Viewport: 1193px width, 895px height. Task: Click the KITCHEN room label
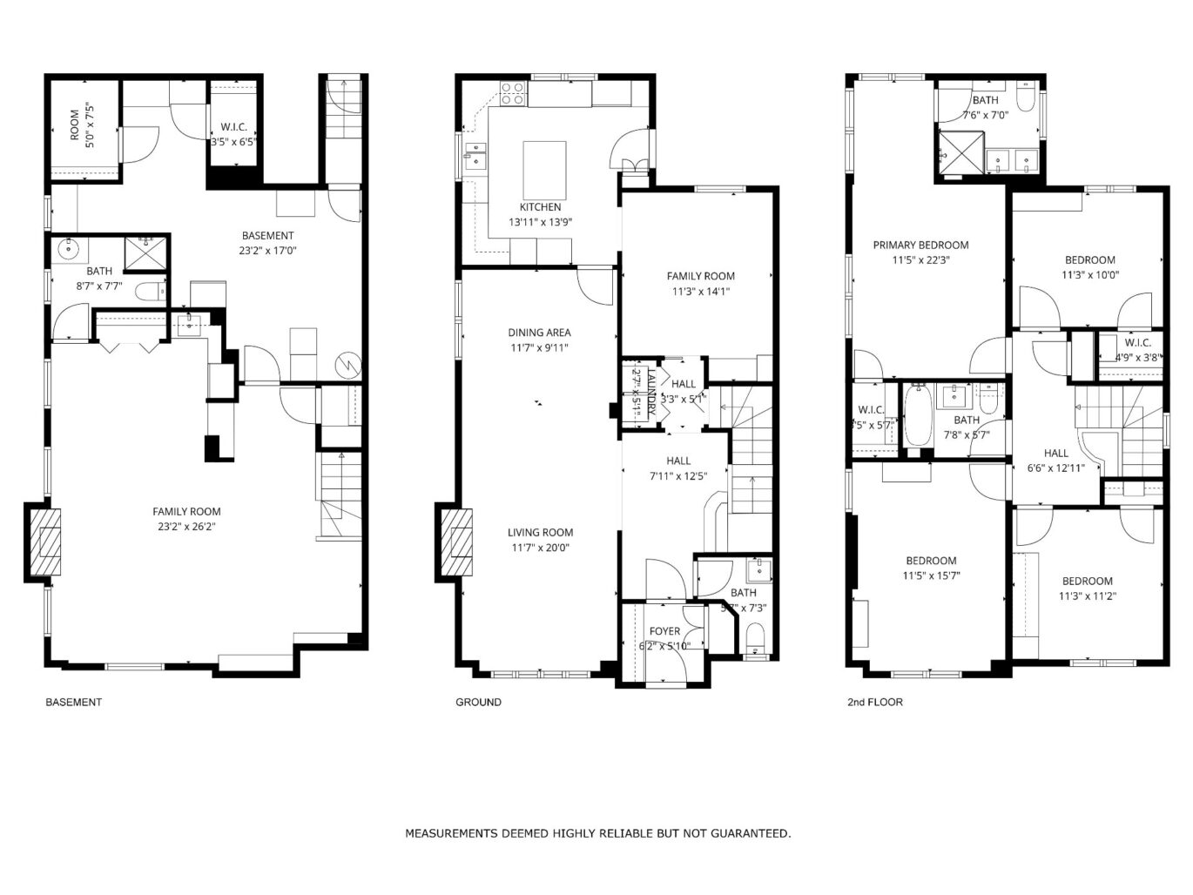[540, 207]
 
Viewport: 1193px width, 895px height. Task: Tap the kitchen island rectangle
[544, 170]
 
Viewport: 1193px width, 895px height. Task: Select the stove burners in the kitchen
[513, 93]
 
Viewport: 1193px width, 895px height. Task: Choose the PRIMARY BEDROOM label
[920, 246]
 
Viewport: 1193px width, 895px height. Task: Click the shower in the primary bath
[960, 153]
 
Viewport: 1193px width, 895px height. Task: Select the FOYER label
[664, 631]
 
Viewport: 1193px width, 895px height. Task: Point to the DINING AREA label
[539, 333]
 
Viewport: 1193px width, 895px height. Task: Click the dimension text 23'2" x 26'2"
[186, 527]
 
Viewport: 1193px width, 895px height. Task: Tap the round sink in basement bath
[69, 251]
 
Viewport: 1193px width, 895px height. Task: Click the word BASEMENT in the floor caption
[73, 702]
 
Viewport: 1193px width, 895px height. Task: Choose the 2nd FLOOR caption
[874, 702]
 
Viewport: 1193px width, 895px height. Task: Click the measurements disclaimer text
[597, 833]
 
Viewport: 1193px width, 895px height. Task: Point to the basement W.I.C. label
[233, 127]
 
